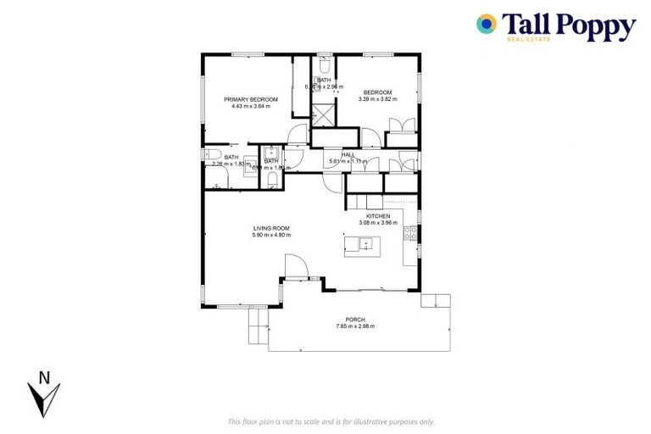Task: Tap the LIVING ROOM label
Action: (271, 228)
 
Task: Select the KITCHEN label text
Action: (378, 216)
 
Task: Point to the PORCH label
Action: (354, 319)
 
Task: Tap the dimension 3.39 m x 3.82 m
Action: (378, 99)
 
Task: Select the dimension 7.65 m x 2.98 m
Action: (354, 326)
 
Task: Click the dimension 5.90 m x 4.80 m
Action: (271, 235)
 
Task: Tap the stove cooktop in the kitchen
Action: (411, 235)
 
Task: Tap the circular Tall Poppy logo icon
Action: (486, 24)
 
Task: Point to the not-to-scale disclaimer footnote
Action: (331, 421)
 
